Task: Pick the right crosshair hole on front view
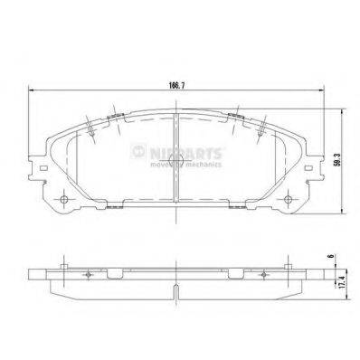pos(289,200)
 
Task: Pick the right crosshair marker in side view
pos(266,273)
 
